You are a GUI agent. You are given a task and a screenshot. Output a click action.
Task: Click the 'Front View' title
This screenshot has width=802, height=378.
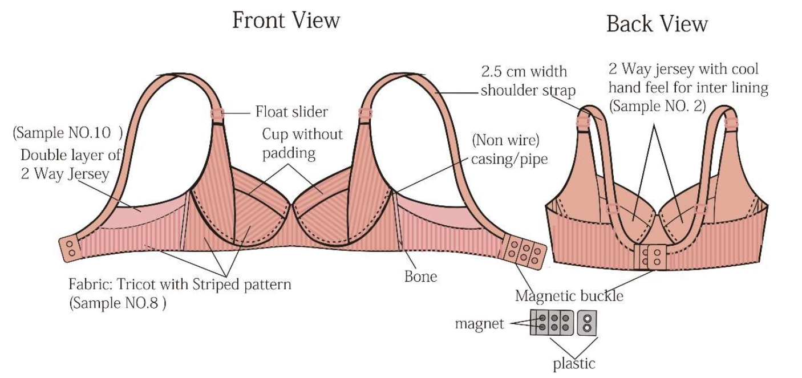click(286, 20)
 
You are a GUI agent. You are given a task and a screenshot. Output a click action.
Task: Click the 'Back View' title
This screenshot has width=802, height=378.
click(657, 24)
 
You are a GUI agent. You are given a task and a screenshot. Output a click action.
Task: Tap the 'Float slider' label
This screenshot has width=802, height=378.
click(291, 112)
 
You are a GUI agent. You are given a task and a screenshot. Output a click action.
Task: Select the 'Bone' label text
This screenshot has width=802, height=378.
click(420, 277)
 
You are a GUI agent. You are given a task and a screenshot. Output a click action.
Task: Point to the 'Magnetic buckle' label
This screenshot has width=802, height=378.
click(569, 296)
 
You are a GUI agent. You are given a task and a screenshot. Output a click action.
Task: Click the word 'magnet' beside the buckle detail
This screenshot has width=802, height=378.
click(479, 324)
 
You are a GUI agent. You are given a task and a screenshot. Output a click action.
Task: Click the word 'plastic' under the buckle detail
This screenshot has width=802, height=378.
click(574, 364)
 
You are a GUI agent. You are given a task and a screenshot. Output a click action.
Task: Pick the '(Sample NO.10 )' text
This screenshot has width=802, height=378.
click(67, 133)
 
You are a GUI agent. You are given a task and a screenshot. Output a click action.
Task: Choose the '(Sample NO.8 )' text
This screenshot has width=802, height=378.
click(118, 303)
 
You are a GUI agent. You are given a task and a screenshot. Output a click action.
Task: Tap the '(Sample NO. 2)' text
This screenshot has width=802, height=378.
click(658, 106)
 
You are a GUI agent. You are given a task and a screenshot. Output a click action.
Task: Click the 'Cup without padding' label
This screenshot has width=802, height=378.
click(302, 144)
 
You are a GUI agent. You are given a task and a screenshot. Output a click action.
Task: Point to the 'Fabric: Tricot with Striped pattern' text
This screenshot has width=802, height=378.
click(180, 284)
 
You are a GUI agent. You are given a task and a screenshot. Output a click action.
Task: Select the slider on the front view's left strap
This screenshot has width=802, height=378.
click(217, 115)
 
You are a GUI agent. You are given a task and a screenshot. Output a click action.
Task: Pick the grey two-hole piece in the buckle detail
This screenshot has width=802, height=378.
click(587, 323)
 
